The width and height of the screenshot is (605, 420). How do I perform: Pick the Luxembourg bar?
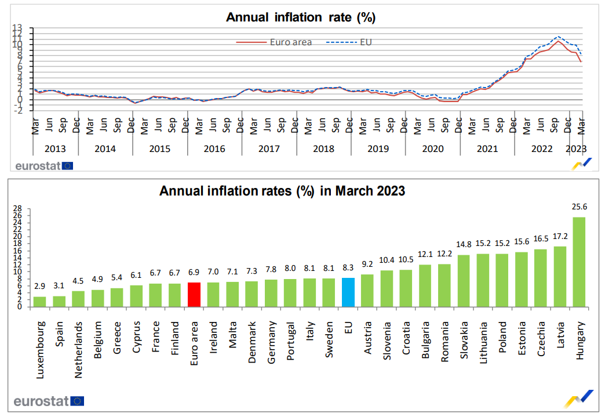(x=39, y=302)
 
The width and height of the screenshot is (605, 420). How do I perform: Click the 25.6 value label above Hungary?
(x=579, y=207)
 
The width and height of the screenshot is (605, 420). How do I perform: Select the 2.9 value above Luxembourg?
(x=39, y=287)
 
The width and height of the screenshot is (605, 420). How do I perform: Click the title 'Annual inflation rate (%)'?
(x=301, y=17)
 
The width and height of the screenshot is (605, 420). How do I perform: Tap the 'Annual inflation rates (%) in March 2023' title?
(x=282, y=190)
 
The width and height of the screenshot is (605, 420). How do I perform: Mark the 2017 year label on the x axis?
(x=269, y=149)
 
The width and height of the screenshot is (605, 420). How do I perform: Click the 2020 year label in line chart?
(x=432, y=149)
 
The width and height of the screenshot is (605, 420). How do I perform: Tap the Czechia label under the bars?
(x=541, y=341)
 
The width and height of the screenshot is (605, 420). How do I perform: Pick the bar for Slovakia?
(x=463, y=281)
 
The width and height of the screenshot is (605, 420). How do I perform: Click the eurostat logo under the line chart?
(x=43, y=165)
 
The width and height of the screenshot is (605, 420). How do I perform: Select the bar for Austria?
(x=367, y=291)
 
